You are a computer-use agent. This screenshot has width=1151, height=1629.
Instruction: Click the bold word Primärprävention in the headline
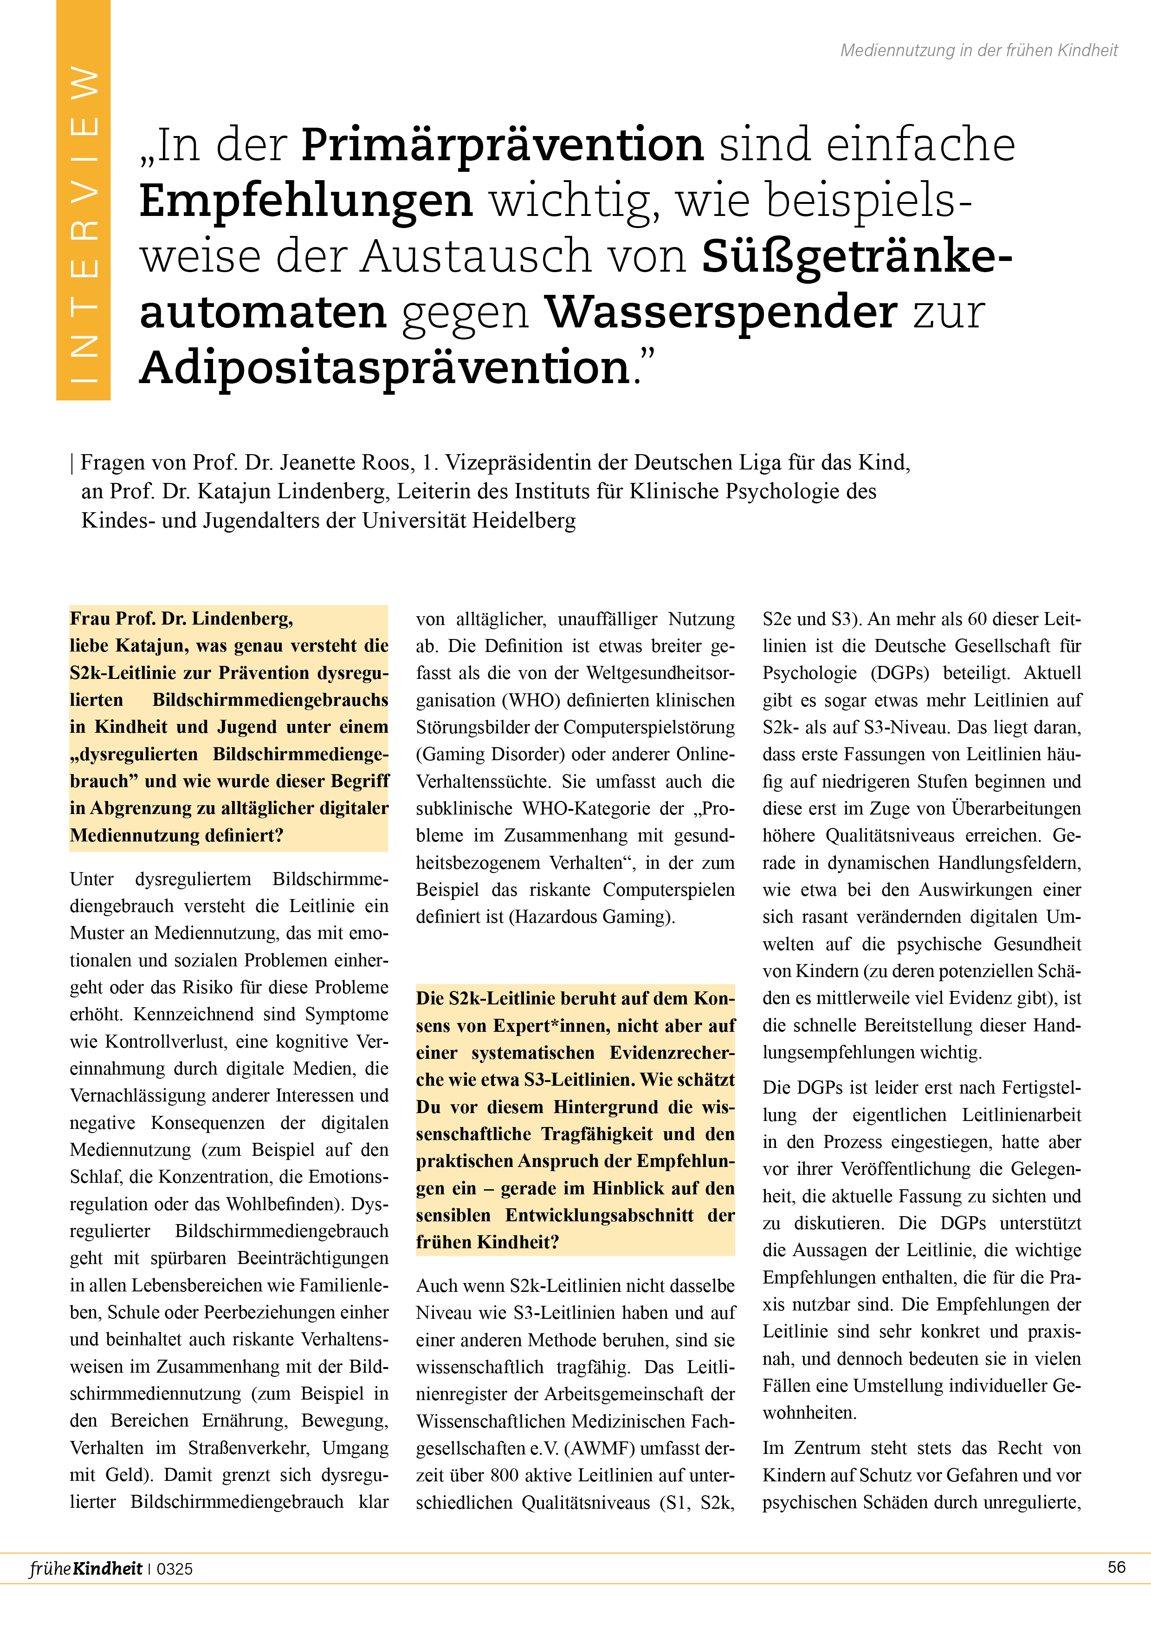[502, 145]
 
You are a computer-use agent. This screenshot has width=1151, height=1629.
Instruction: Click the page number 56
[1116, 1567]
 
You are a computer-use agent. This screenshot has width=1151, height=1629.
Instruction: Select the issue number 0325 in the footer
[175, 1569]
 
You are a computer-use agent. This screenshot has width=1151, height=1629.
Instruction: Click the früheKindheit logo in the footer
[85, 1568]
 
